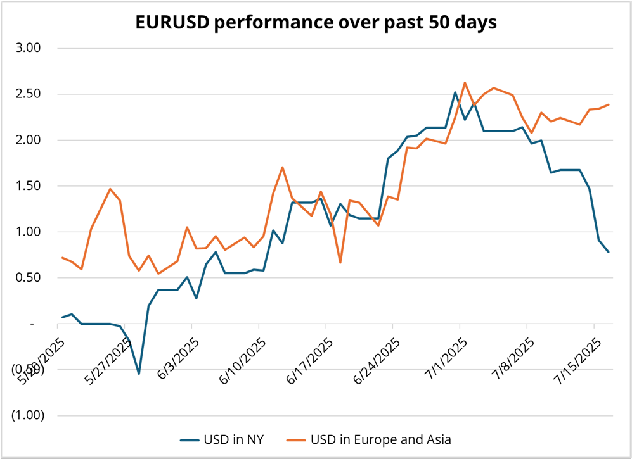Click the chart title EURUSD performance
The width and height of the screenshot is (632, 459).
316,22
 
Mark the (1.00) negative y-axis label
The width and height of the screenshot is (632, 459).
27,415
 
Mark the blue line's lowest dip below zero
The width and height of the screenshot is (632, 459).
139,374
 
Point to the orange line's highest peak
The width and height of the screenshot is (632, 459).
465,82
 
